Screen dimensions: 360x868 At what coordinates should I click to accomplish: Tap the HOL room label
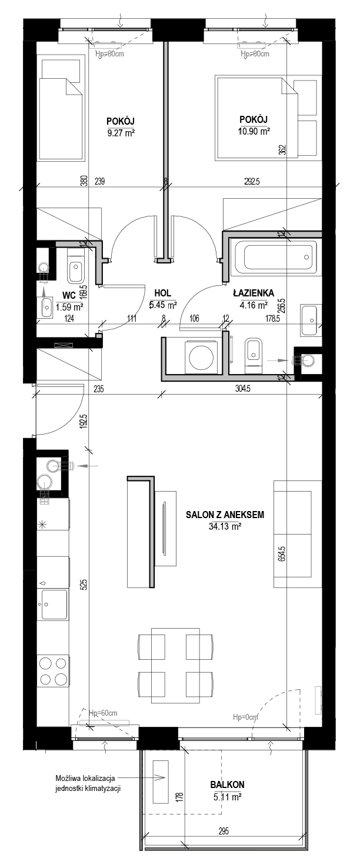162,293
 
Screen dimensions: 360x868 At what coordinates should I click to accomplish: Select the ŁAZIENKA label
254,293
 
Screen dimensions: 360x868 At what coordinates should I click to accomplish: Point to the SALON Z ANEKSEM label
225,515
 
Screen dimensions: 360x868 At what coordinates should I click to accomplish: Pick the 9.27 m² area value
121,133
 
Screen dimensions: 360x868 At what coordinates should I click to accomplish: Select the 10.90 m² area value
254,131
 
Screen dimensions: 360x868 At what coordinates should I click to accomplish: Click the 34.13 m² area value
225,526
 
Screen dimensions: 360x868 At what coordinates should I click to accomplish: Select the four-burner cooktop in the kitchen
53,671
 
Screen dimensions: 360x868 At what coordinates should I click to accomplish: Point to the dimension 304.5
242,388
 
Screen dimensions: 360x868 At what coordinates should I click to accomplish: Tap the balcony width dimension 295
224,831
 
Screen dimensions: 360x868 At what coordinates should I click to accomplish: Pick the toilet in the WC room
75,266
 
